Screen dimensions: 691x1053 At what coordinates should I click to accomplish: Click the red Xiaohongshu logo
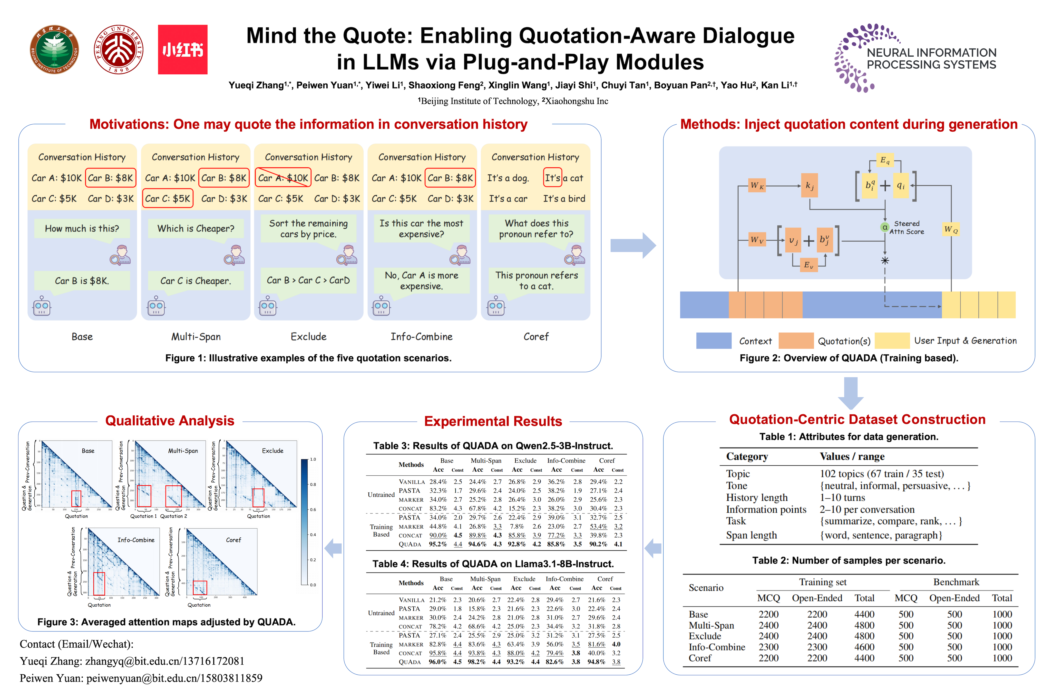(x=182, y=50)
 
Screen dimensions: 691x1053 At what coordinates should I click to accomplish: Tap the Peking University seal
(x=118, y=50)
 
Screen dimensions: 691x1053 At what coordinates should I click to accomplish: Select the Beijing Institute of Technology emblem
(x=54, y=50)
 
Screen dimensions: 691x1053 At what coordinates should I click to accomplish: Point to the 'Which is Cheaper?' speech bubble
(x=195, y=228)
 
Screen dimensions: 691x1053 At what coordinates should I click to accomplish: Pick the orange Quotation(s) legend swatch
(x=796, y=341)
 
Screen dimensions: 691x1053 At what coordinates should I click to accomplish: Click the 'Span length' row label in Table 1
(x=751, y=535)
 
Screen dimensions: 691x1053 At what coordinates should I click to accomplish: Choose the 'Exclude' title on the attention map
(x=273, y=451)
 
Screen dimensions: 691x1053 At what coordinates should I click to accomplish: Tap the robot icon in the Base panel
(x=42, y=306)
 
